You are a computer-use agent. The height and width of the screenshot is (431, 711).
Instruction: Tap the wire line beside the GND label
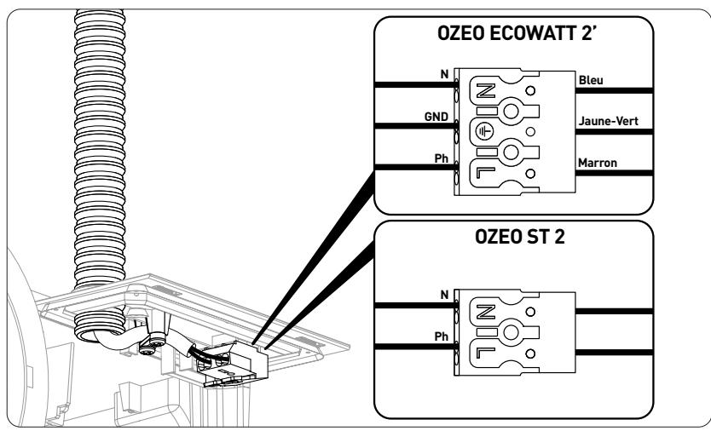409,127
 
